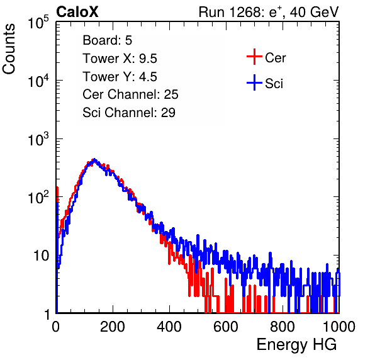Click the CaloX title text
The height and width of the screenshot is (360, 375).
point(77,12)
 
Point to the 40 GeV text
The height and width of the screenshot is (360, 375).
point(314,12)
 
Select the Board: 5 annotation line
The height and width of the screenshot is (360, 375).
point(108,40)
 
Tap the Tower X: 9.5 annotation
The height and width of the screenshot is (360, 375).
point(120,59)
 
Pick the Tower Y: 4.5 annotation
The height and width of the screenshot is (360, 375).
point(120,77)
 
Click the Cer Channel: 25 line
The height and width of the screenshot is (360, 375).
point(130,94)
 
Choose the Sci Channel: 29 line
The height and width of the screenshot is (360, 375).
point(129,113)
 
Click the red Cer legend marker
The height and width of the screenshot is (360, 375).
point(254,57)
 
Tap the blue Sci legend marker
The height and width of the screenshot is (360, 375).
point(254,82)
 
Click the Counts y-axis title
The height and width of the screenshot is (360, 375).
point(9,49)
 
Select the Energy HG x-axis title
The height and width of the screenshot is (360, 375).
point(296,345)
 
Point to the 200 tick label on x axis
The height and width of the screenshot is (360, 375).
point(113,327)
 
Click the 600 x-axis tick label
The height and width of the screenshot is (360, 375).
point(226,327)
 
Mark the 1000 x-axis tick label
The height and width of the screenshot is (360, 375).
point(339,327)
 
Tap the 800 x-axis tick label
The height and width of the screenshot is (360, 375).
point(283,327)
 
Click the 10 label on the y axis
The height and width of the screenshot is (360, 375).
point(42,256)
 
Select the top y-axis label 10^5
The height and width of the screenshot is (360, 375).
point(38,22)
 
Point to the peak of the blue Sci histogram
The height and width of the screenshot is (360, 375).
point(94,159)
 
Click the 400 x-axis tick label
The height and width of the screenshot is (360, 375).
point(169,327)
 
